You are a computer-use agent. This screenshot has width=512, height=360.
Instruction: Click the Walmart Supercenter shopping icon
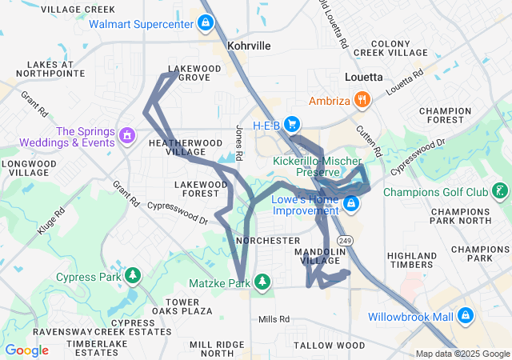point(206,23)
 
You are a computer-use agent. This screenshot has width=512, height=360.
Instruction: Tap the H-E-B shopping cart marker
point(292,124)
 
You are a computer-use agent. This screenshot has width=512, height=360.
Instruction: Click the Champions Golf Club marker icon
point(500,191)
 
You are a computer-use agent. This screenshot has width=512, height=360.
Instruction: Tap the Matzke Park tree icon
point(262,282)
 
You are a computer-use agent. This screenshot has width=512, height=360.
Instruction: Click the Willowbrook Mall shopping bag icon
point(466,317)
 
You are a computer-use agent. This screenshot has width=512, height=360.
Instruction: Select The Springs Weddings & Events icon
point(126,136)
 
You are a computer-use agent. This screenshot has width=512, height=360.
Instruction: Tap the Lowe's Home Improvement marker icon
point(351,205)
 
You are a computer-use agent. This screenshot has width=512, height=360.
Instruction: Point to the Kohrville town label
point(248,46)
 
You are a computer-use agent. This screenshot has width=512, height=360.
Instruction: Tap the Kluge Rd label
point(50,222)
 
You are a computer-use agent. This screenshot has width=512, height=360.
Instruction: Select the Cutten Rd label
point(367,140)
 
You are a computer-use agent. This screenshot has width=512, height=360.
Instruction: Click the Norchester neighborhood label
point(268,241)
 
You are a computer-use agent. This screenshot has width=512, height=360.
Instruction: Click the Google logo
point(26,350)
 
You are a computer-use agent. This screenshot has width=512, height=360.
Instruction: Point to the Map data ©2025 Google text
point(462,354)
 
